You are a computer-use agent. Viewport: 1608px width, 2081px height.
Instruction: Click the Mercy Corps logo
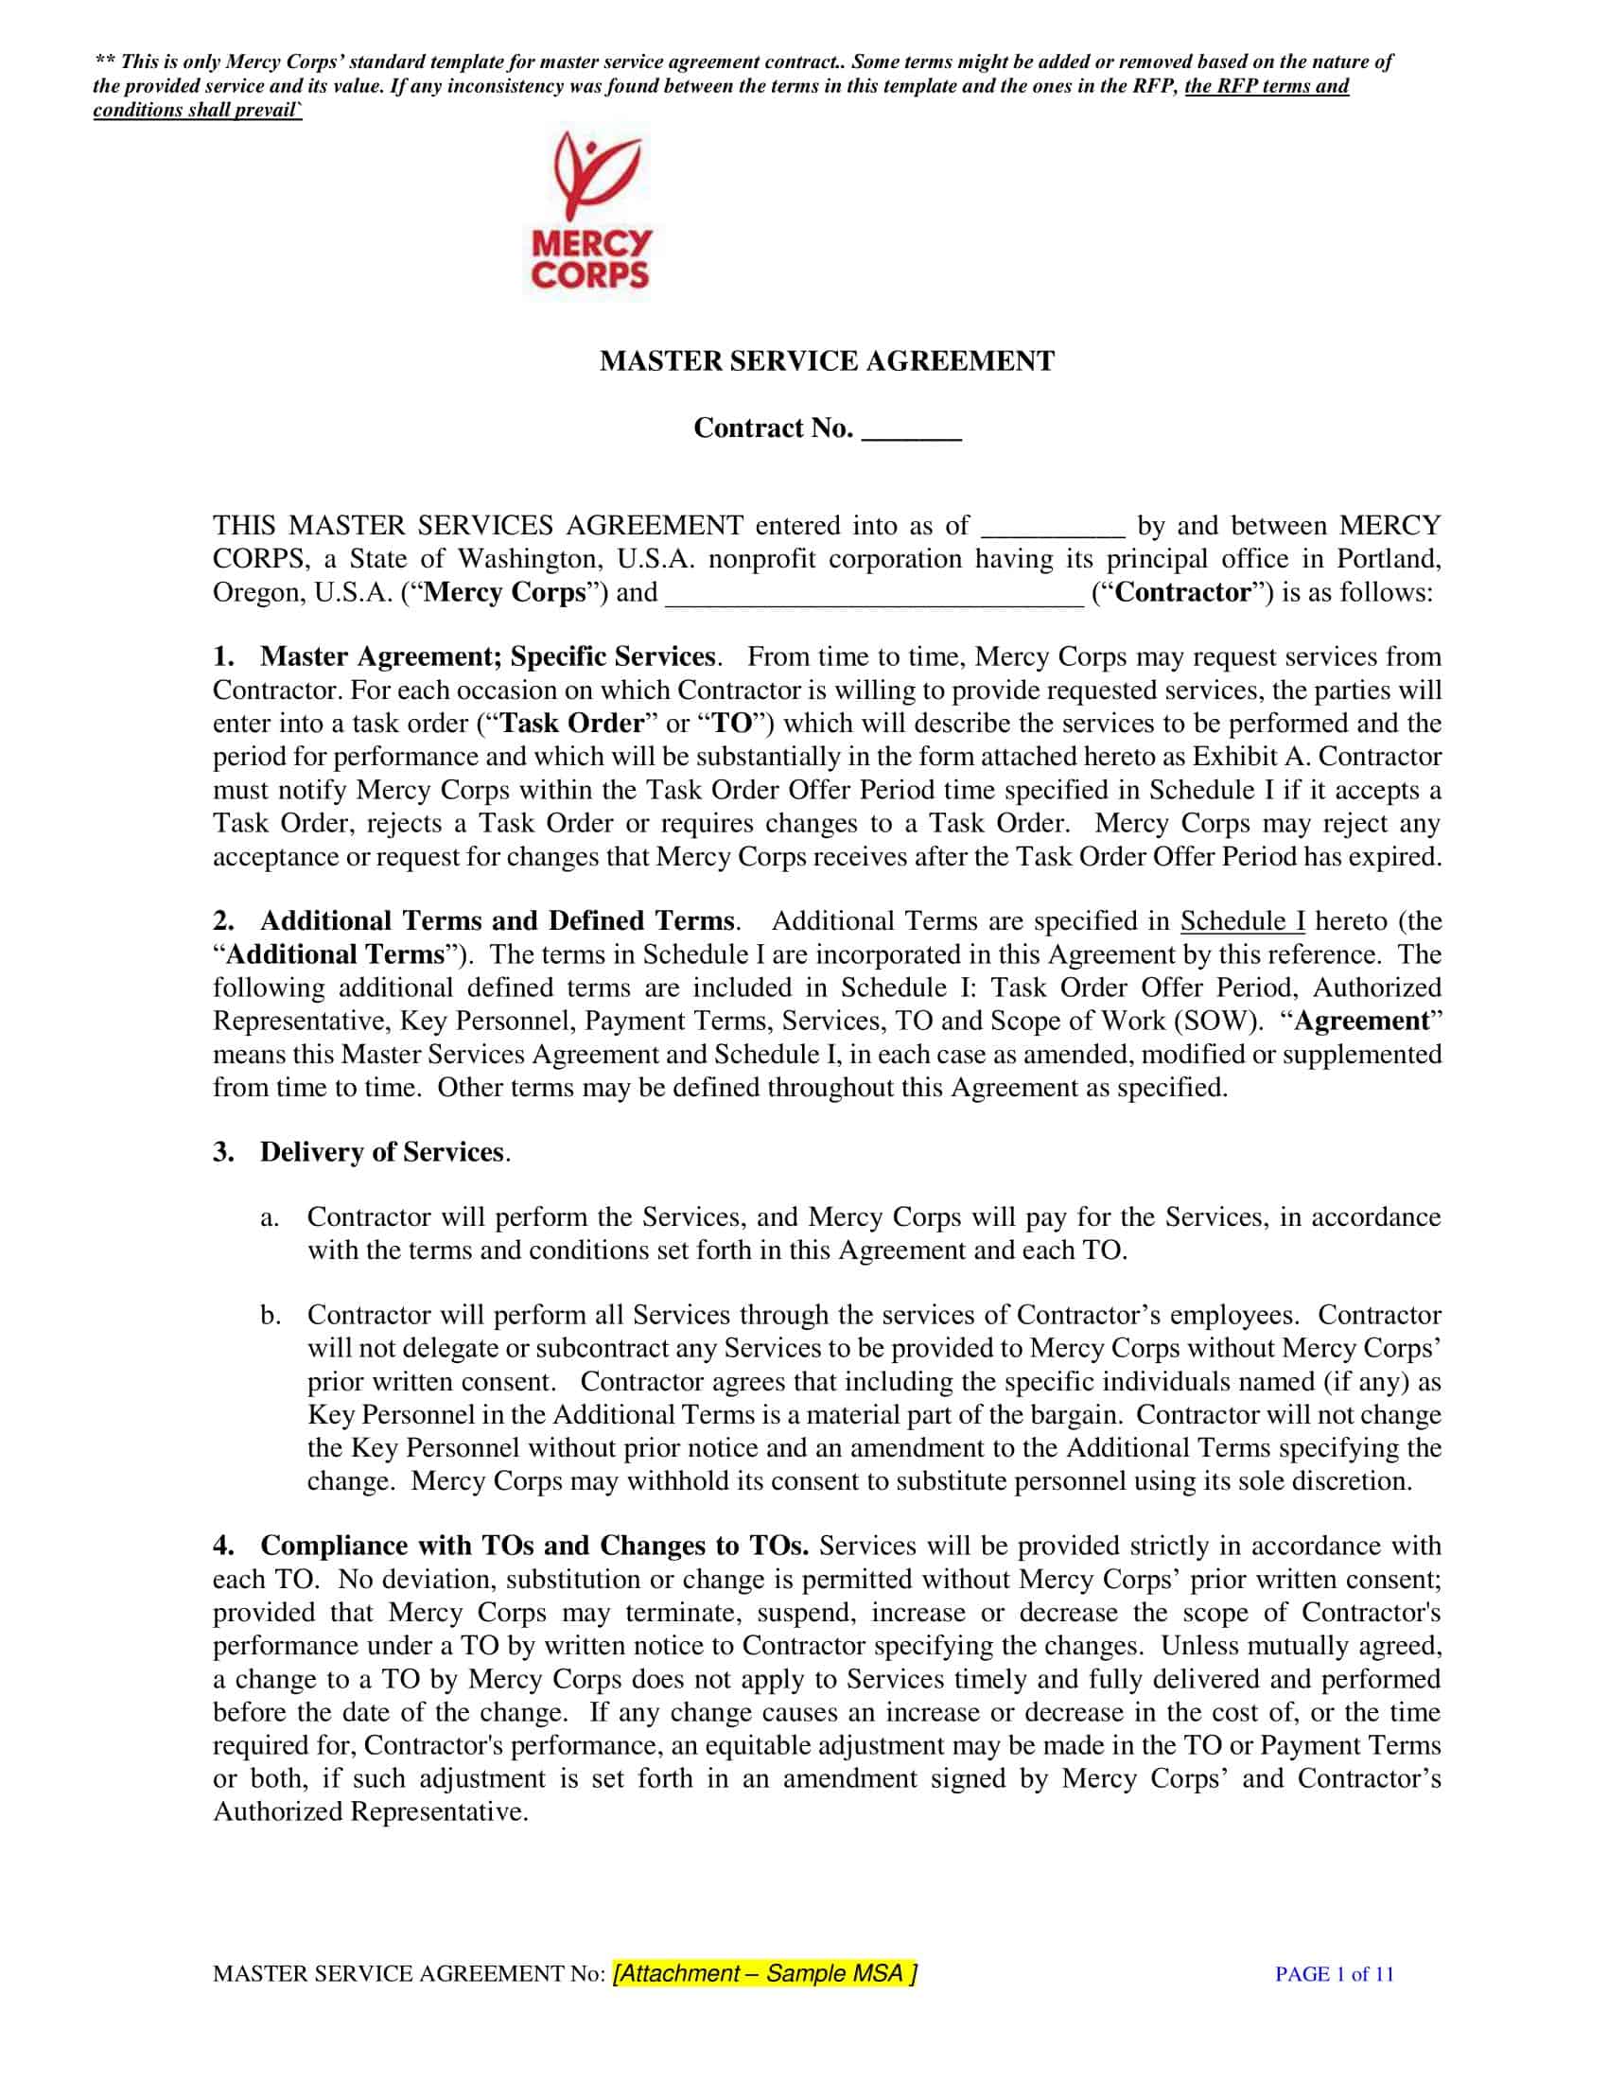click(x=590, y=212)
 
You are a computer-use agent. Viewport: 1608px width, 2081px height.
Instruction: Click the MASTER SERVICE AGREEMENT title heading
click(x=827, y=361)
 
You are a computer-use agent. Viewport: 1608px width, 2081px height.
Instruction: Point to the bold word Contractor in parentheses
click(x=1182, y=593)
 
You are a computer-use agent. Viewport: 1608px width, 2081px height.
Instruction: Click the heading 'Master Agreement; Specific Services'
click(x=487, y=656)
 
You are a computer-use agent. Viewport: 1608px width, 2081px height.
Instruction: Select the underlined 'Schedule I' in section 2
click(x=1242, y=921)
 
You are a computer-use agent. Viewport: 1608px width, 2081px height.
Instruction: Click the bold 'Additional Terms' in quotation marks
click(x=336, y=954)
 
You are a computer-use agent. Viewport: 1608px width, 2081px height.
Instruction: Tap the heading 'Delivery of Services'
click(x=381, y=1152)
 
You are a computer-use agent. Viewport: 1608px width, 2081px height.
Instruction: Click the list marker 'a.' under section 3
click(x=270, y=1217)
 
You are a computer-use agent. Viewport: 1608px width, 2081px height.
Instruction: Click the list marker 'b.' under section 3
click(x=271, y=1316)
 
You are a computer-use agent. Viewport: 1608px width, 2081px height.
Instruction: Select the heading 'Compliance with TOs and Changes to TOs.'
click(x=534, y=1546)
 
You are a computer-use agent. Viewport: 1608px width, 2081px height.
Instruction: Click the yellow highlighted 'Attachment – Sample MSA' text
click(x=765, y=1973)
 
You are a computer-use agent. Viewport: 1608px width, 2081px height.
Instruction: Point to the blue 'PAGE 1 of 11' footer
click(x=1334, y=1974)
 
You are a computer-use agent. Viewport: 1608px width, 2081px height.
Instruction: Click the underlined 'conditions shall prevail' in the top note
click(x=196, y=111)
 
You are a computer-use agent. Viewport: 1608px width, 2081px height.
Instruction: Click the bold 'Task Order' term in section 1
click(x=572, y=724)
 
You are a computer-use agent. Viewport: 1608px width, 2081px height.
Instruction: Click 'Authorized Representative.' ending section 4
click(x=371, y=1811)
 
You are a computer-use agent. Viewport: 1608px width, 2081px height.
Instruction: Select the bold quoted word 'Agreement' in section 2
click(x=1361, y=1022)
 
